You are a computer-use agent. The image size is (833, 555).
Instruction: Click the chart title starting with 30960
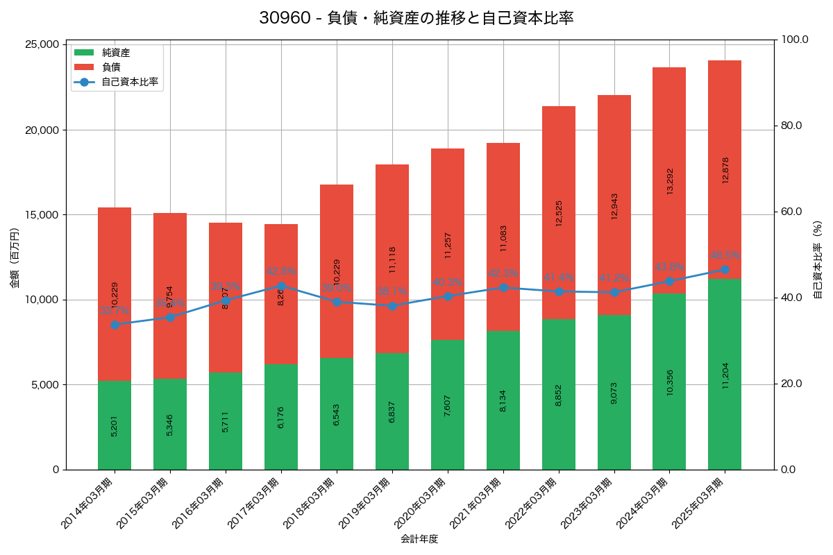[416, 18]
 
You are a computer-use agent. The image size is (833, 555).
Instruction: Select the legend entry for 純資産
[115, 52]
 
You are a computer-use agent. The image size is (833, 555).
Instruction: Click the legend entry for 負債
[111, 67]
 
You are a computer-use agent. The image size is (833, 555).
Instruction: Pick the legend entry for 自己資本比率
[129, 82]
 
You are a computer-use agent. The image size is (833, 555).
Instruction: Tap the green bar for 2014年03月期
[115, 425]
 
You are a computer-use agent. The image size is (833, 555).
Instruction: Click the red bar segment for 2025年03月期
[725, 169]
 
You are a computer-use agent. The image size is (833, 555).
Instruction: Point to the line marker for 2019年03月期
[392, 306]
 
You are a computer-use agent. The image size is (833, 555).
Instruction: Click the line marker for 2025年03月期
[725, 269]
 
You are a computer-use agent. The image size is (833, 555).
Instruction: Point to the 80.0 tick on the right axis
[791, 126]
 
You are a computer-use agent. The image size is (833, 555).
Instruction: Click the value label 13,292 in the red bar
[670, 180]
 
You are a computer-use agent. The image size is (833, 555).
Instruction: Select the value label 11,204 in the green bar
[725, 375]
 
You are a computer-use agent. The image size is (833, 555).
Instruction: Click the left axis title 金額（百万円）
[15, 257]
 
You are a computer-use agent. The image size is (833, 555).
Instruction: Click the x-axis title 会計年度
[419, 539]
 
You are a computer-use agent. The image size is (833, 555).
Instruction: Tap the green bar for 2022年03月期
[559, 394]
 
